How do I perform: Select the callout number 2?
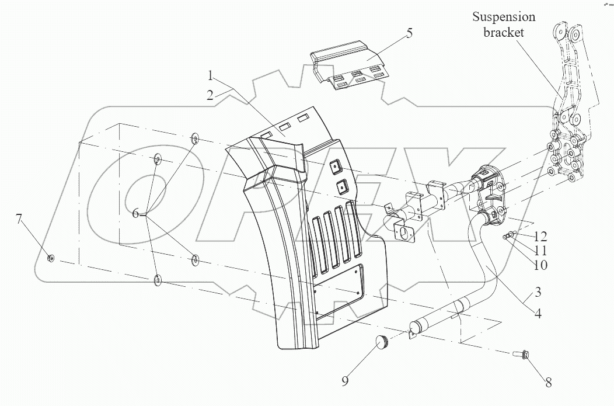pyautogui.click(x=210, y=95)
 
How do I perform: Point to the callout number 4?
pyautogui.click(x=537, y=313)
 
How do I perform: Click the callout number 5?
pyautogui.click(x=409, y=33)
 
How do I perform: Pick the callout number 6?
pyautogui.click(x=136, y=214)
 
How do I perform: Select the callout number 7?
pyautogui.click(x=19, y=220)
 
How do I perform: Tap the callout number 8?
pyautogui.click(x=548, y=383)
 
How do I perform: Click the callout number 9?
pyautogui.click(x=345, y=381)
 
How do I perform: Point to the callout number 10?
pyautogui.click(x=540, y=264)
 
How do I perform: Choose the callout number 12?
pyautogui.click(x=540, y=237)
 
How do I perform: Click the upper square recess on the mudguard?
pyautogui.click(x=336, y=166)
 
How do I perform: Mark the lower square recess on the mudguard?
pyautogui.click(x=342, y=187)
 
